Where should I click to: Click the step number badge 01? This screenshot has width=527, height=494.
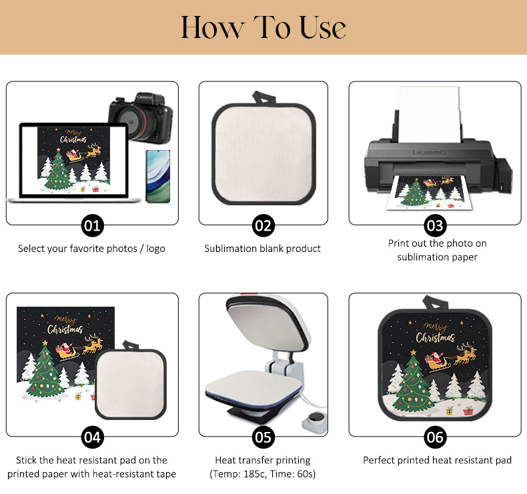coord(93,226)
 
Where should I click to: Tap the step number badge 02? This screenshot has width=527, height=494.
coord(263,226)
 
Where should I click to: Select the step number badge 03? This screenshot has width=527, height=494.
coord(435,226)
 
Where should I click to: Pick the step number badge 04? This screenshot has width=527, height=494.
coord(93,437)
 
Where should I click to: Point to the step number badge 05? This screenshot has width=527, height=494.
coord(263,437)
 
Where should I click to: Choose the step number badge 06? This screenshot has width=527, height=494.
coord(435,437)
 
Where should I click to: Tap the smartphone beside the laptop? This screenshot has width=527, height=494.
coord(158,176)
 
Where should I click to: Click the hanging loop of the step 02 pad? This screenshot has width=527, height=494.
coord(264,98)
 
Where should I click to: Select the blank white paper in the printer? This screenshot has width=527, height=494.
coord(430,114)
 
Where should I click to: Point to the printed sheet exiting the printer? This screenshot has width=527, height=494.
coord(429,193)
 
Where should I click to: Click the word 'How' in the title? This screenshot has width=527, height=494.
coord(212,27)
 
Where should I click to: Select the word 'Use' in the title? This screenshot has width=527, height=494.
coord(323,27)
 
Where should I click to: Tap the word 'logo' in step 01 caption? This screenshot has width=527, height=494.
coord(155,249)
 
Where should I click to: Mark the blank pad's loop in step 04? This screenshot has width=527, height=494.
coord(131,345)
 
